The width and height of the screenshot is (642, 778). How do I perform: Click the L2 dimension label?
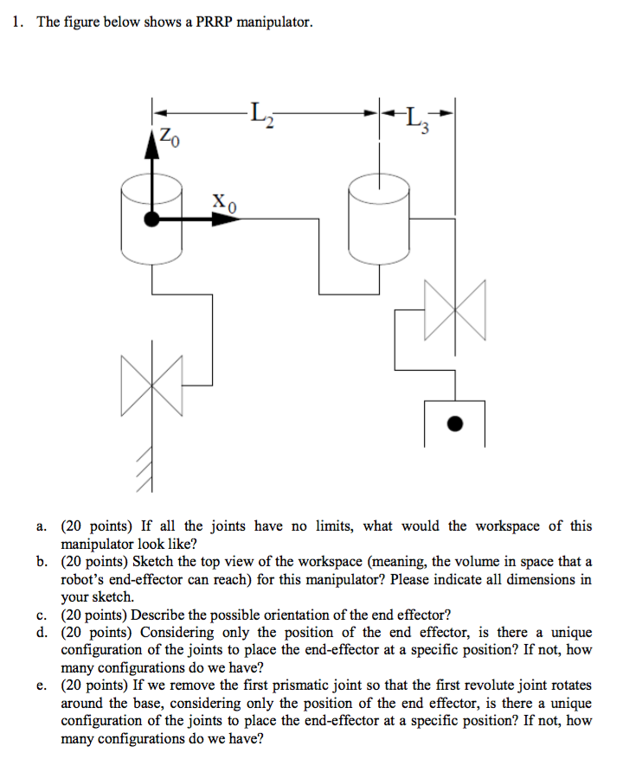(x=261, y=113)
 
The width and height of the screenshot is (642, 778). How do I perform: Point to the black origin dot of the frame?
(x=152, y=220)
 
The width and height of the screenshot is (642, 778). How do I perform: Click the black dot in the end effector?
(x=455, y=424)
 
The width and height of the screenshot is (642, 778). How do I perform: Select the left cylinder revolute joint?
(x=152, y=219)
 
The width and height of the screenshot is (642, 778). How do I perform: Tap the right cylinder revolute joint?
(x=379, y=219)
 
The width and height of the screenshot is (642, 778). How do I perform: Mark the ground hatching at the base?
(x=147, y=468)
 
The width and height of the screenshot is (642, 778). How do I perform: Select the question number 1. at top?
(x=18, y=22)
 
